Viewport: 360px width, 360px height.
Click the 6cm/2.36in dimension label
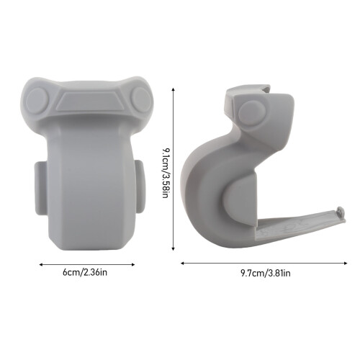click(85, 273)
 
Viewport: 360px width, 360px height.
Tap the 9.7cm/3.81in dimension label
click(266, 273)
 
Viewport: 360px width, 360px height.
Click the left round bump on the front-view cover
click(37, 101)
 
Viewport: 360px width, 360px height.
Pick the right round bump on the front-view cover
click(141, 99)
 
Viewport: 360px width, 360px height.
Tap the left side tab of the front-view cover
click(41, 188)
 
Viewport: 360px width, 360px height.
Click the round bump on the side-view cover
click(252, 113)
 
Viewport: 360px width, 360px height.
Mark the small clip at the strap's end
click(341, 212)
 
